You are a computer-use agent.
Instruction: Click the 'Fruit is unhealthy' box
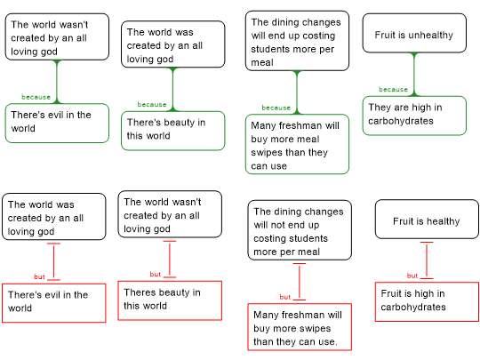click(414, 33)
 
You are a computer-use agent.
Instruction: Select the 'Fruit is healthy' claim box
click(427, 220)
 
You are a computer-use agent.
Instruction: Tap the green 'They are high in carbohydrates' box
click(414, 116)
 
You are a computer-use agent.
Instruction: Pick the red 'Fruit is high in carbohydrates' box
click(427, 302)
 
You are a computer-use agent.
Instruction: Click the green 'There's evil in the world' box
click(57, 123)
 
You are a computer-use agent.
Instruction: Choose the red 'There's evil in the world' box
click(54, 303)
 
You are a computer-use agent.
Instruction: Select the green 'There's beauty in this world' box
click(173, 131)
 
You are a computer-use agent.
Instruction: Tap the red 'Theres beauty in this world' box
click(170, 300)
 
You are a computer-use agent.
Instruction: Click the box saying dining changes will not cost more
click(300, 230)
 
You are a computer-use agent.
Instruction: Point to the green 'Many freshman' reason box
click(297, 144)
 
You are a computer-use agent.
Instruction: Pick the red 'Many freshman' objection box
click(300, 327)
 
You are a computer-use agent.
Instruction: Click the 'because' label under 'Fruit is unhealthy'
click(394, 90)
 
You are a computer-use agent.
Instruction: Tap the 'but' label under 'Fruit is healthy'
click(412, 276)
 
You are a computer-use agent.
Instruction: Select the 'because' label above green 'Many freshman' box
click(276, 108)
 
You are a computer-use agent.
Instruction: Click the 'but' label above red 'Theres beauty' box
click(156, 275)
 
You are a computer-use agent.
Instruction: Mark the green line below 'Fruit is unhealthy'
click(414, 75)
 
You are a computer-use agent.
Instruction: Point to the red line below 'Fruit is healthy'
click(427, 260)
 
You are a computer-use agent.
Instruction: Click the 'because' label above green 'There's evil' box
click(36, 97)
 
